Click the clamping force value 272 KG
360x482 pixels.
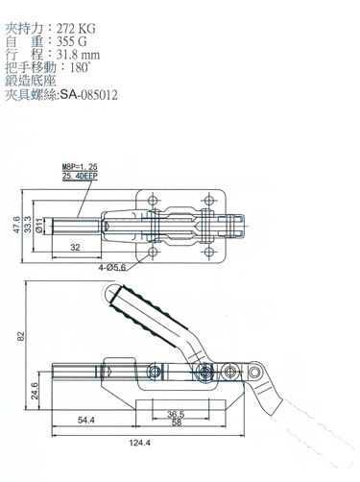click(x=76, y=29)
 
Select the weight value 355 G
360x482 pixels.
click(x=72, y=42)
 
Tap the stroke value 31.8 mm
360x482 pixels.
click(x=78, y=55)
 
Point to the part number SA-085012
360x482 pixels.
click(x=89, y=95)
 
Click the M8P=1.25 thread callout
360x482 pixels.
click(x=80, y=167)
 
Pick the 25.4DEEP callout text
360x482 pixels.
click(x=80, y=175)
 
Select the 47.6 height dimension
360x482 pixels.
click(x=17, y=225)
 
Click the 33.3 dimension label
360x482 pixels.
click(x=28, y=225)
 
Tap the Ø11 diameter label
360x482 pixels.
click(x=38, y=226)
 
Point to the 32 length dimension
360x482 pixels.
click(x=75, y=247)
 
